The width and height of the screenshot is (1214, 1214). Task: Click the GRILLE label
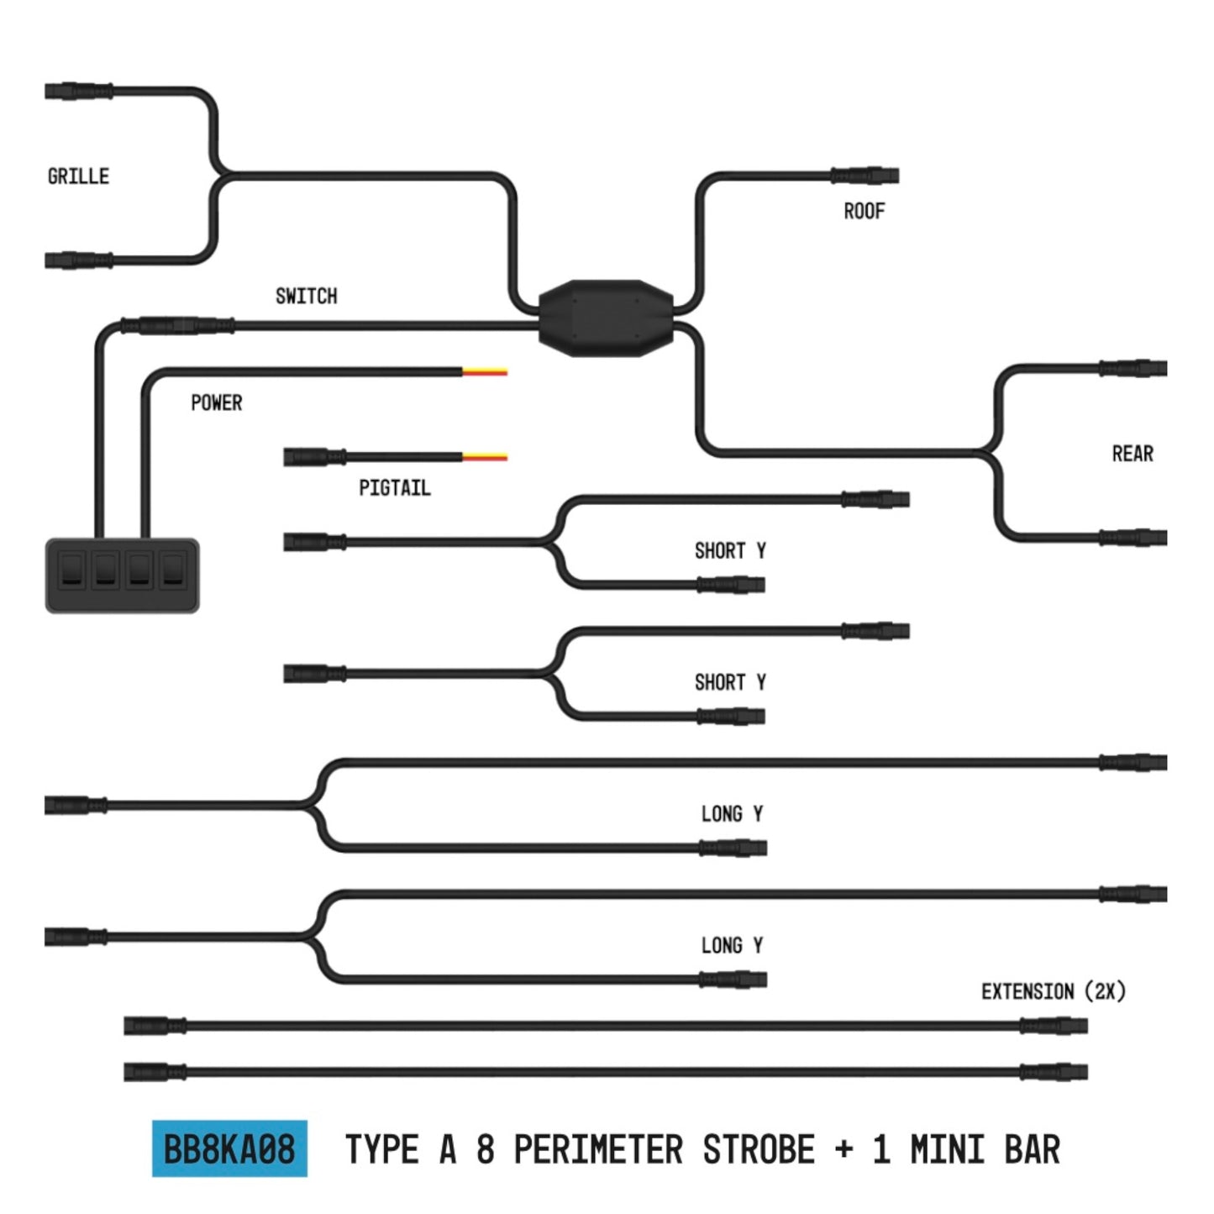[78, 176]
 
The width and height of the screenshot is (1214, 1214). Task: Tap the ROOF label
[864, 211]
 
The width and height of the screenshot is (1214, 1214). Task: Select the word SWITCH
[306, 296]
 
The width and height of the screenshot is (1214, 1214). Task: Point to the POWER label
[216, 402]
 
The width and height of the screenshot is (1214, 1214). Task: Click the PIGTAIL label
[394, 487]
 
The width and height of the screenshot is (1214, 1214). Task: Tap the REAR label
[1133, 454]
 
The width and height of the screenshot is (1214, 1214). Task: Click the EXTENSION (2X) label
[1053, 991]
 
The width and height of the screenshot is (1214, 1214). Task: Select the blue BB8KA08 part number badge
[229, 1148]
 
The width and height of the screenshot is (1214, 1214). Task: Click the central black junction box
[606, 318]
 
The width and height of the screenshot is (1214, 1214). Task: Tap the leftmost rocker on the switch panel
[71, 569]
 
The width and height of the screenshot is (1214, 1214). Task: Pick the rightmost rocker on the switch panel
[172, 569]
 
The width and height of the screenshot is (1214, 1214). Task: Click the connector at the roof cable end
[865, 175]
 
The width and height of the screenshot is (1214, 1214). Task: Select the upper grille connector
[79, 91]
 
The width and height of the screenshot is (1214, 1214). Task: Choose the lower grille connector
[79, 260]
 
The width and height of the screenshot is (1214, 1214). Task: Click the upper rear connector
[1133, 368]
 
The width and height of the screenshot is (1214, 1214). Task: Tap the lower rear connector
[1133, 538]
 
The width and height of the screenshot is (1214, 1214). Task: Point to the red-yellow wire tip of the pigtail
[485, 457]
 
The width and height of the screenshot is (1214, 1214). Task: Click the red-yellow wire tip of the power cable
[485, 371]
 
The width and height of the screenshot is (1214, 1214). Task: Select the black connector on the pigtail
[314, 457]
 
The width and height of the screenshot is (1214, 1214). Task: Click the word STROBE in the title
[759, 1149]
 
